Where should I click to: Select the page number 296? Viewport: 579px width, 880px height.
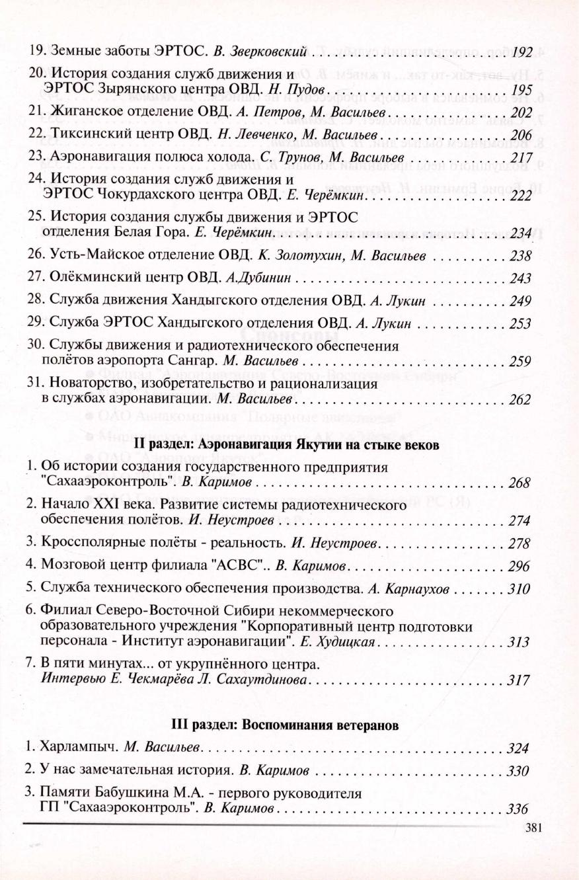[x=520, y=566]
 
